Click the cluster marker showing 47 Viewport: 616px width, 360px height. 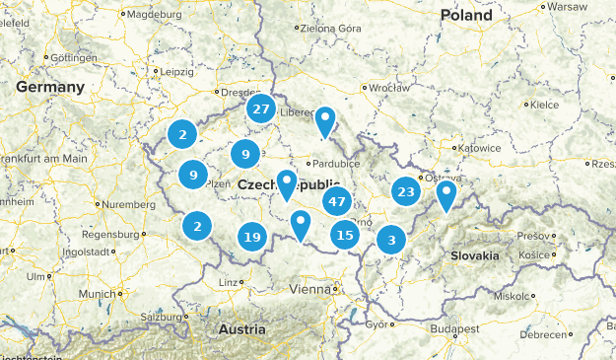pyautogui.click(x=337, y=201)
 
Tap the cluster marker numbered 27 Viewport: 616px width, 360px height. pyautogui.click(x=261, y=109)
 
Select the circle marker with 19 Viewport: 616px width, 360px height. pyautogui.click(x=252, y=237)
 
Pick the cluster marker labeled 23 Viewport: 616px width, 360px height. pyautogui.click(x=405, y=191)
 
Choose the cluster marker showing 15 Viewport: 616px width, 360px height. pyautogui.click(x=344, y=234)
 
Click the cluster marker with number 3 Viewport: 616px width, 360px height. pyautogui.click(x=392, y=239)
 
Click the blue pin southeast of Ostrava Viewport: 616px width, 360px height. pyautogui.click(x=446, y=195)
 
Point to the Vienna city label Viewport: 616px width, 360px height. pyautogui.click(x=312, y=289)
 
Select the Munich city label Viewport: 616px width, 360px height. pyautogui.click(x=98, y=294)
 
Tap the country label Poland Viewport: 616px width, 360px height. pyautogui.click(x=465, y=16)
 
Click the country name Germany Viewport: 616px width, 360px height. pyautogui.click(x=49, y=88)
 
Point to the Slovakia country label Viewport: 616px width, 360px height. pyautogui.click(x=474, y=255)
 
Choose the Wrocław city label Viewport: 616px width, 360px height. pyautogui.click(x=388, y=87)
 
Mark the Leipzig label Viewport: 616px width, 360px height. pyautogui.click(x=178, y=72)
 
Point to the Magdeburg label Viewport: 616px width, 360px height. pyautogui.click(x=155, y=15)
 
